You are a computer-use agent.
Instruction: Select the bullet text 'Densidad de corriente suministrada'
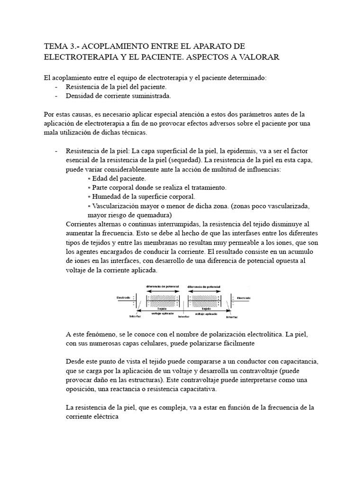pos(118,96)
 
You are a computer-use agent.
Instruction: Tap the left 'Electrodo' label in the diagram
pos(124,298)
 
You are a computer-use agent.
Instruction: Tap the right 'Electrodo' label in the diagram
pos(245,298)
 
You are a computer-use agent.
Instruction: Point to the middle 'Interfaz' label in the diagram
pos(184,316)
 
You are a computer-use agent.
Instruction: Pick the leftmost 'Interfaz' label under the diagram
pos(136,316)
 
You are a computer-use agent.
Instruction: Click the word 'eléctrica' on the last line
pos(104,416)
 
